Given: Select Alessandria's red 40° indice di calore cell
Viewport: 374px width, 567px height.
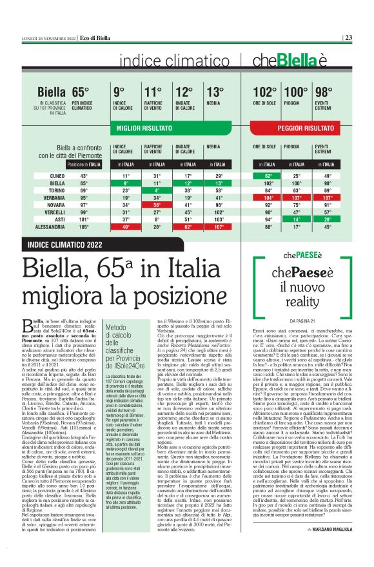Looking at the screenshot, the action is (126, 227).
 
